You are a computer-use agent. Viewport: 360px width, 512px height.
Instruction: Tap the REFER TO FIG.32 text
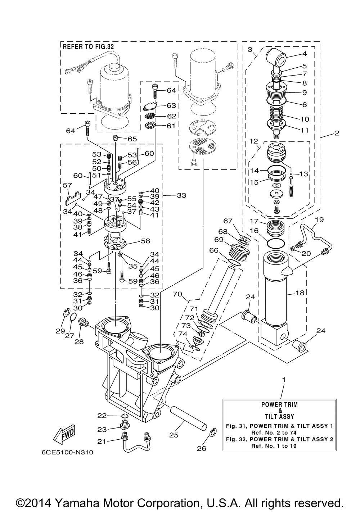(88, 47)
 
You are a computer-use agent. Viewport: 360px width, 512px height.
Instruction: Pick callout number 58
(146, 241)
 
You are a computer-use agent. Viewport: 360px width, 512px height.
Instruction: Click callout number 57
(67, 185)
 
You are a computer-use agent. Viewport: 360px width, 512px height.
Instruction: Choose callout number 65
(132, 139)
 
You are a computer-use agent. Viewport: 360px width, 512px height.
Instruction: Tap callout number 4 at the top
(305, 54)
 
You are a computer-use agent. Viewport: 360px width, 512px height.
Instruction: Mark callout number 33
(181, 195)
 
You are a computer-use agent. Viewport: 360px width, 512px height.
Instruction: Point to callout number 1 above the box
(284, 380)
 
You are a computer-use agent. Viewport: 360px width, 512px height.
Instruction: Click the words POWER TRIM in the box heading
(279, 404)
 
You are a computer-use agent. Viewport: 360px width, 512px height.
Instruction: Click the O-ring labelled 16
(276, 243)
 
